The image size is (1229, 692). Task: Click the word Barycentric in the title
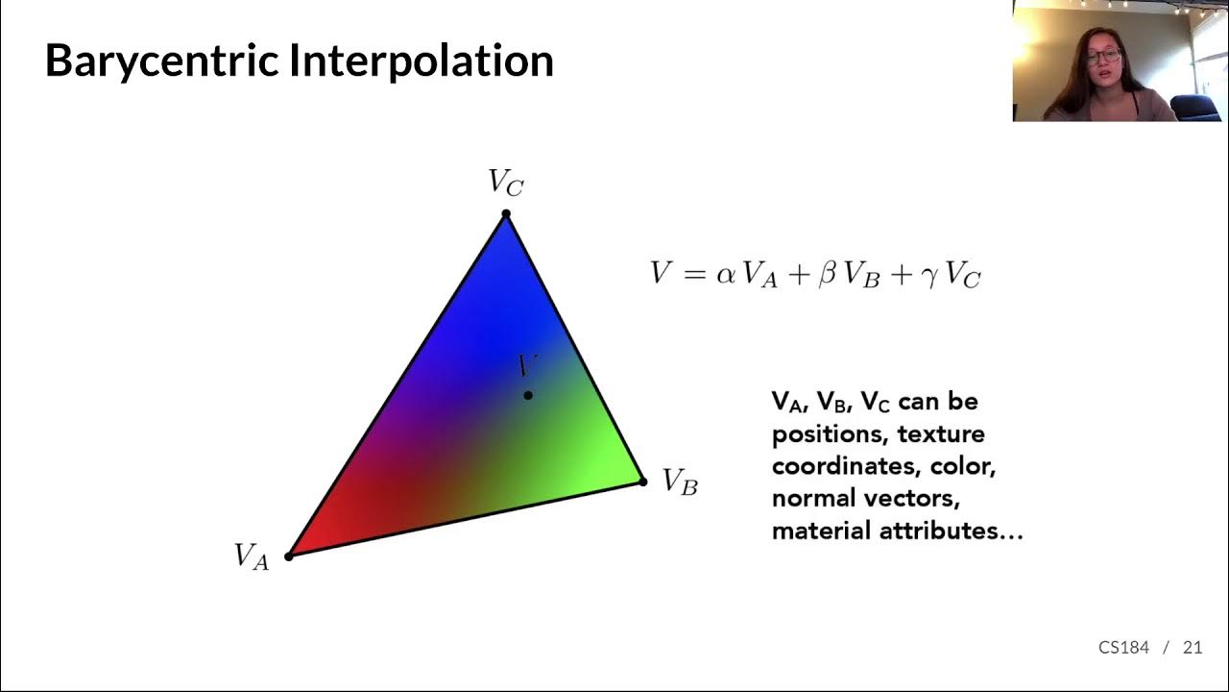pos(160,61)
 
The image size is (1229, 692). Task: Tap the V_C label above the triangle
pos(505,182)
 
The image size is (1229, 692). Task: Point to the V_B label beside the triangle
pos(680,481)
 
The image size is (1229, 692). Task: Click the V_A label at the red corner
pos(252,556)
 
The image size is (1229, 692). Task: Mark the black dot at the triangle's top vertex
pos(506,214)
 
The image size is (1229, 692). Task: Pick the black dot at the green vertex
pos(643,482)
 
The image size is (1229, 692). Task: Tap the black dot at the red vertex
pos(289,556)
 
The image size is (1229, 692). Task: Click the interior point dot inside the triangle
pos(528,395)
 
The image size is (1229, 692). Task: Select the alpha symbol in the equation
pos(725,275)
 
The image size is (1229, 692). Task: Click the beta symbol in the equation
pos(827,276)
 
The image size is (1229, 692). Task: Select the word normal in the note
pos(809,499)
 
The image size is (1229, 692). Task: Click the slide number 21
pos(1193,647)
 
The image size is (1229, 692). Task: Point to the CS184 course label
pos(1123,647)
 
